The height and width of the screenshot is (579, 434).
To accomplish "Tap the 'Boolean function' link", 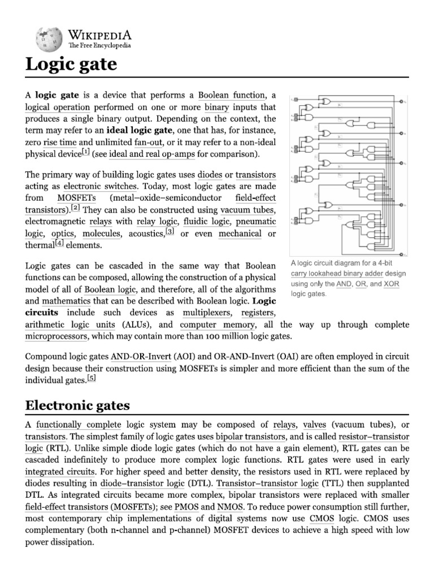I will click(x=232, y=95).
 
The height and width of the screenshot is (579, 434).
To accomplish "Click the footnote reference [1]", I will click(x=85, y=152).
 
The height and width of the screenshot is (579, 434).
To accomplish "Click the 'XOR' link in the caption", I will click(x=391, y=284).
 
